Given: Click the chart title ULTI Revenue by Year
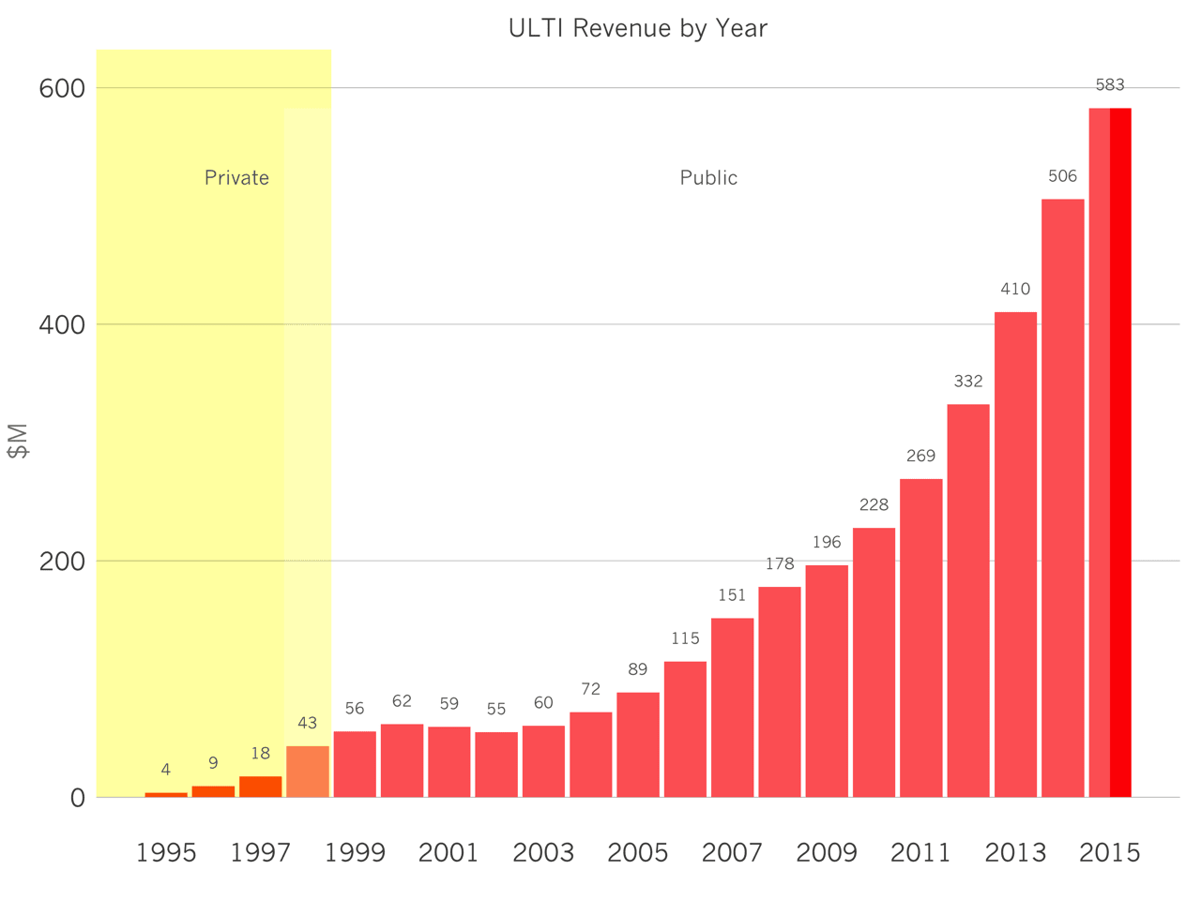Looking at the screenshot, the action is pos(637,28).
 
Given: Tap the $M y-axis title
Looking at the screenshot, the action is pos(18,441).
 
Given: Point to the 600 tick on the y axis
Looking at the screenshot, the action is pos(62,88).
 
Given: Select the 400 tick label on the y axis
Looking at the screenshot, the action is pos(62,325).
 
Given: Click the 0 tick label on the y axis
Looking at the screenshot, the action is pos(78,799).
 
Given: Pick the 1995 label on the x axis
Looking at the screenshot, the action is pos(166,853).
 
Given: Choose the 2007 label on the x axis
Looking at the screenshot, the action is pos(732,853).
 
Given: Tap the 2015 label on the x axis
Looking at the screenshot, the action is pos(1110,853).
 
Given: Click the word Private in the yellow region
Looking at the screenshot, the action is pos(237,177).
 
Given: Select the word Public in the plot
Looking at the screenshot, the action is pos(708,177).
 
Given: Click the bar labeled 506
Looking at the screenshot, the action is pos(1062,498).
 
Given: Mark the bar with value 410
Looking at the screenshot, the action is pos(1015,555).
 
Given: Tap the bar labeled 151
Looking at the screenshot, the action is pos(732,708).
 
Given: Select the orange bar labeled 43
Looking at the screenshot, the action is pos(308,772).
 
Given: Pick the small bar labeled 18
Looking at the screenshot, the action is pos(261,787).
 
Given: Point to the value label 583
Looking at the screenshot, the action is pos(1110,84).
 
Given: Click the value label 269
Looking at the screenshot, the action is pos(920,456).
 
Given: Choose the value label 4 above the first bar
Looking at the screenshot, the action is pos(166,770).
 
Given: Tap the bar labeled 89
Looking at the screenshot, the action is pos(638,744).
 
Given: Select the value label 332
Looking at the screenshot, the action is pos(968,381).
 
